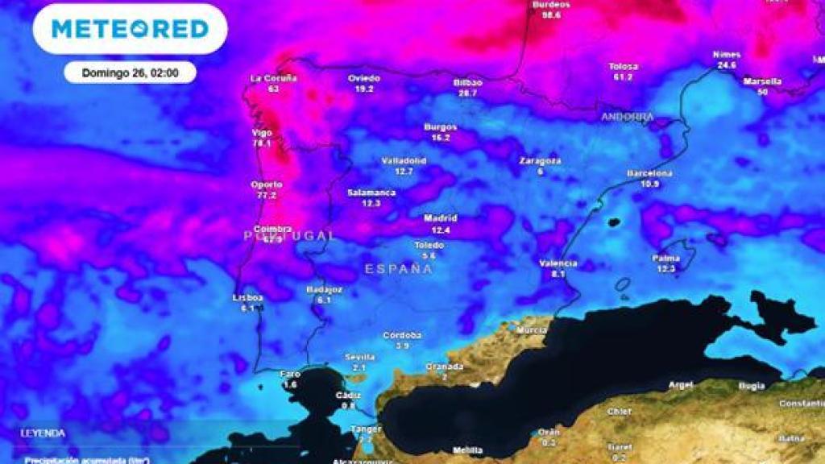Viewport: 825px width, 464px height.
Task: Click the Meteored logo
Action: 130,29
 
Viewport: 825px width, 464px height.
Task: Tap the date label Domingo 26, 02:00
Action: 130,72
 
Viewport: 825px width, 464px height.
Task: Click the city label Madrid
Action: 441,218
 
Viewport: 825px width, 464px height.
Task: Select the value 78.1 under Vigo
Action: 262,143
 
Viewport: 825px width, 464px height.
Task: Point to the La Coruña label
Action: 274,78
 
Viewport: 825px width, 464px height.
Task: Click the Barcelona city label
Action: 649,173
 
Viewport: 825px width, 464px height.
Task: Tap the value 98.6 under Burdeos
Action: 551,14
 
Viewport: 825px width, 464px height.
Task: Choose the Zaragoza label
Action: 540,160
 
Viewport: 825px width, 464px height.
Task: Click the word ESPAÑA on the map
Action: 399,269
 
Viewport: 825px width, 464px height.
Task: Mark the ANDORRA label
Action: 627,117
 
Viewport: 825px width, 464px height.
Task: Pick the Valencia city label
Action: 558,263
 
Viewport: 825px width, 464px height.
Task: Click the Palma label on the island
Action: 665,258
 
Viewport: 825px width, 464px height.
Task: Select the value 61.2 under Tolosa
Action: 623,77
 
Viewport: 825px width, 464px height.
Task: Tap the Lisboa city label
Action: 248,297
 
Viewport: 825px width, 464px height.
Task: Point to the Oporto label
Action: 267,184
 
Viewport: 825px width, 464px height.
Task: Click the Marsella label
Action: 762,81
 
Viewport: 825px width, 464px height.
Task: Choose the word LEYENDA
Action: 43,433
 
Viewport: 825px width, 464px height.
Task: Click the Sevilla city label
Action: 359,357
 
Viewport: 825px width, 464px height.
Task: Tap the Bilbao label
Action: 468,83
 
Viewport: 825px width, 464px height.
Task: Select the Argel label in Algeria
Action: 680,385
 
